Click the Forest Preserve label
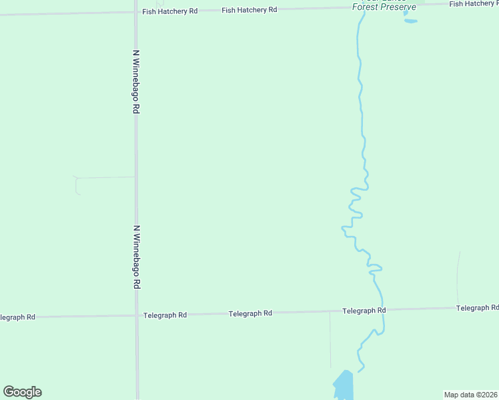[384, 7]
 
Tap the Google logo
[22, 392]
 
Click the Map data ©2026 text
[470, 395]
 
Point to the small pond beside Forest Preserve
[410, 21]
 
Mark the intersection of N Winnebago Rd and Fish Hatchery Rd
[135, 12]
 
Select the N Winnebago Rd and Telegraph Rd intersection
[136, 315]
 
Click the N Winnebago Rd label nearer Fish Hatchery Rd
[135, 82]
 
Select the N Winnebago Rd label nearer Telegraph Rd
[136, 257]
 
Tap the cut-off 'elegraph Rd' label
[17, 317]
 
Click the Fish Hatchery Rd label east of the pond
[473, 4]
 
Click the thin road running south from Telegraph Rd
[330, 340]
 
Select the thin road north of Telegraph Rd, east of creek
[458, 277]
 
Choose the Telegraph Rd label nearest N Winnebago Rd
[165, 315]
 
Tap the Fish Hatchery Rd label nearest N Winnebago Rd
[170, 11]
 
